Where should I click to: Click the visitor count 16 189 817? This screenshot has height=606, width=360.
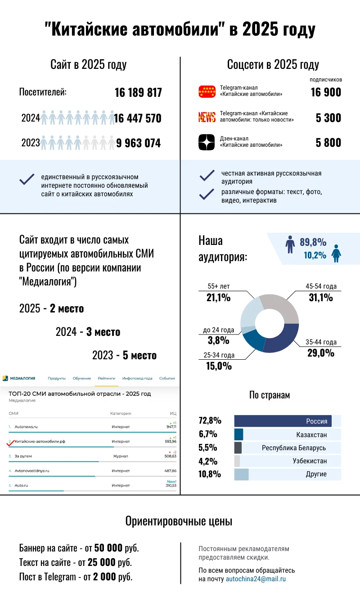138,93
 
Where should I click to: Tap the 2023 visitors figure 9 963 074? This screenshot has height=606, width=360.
138,143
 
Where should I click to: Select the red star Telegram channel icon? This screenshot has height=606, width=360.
207,91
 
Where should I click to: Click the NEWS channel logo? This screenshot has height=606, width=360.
207,118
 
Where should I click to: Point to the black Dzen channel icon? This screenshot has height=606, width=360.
207,142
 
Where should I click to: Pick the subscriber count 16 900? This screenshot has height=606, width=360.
326,92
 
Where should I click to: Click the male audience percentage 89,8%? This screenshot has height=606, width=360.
313,242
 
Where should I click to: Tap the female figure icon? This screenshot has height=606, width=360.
336,253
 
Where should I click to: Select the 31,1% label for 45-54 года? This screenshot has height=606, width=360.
320,297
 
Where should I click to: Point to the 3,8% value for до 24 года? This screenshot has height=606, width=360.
219,340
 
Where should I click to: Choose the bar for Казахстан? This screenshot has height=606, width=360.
238,434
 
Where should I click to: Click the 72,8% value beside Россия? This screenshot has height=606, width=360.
210,421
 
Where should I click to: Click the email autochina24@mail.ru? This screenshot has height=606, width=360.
256,579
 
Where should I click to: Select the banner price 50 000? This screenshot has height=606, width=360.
108,548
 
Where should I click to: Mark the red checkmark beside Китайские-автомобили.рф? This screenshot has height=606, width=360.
10,443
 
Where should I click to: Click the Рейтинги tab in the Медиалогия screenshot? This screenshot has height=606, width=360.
107,378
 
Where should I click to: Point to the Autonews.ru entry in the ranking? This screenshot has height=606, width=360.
26,426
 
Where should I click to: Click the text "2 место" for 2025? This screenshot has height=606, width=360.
67,309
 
